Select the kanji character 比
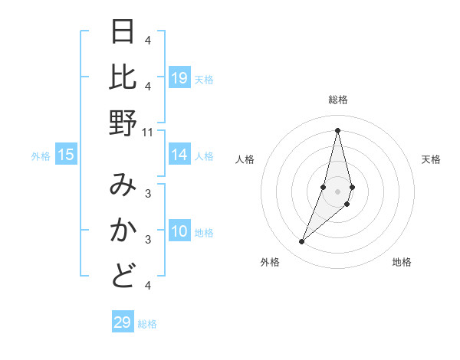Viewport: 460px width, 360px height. click(x=123, y=77)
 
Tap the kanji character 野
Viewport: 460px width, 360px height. click(x=123, y=123)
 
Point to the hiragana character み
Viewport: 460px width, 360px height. click(x=123, y=185)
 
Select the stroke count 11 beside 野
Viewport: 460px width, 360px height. click(x=148, y=132)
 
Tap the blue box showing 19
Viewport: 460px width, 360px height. click(x=179, y=78)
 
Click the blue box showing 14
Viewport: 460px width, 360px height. click(x=179, y=155)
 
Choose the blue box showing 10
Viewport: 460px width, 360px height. click(x=179, y=231)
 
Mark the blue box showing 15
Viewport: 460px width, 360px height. click(x=66, y=155)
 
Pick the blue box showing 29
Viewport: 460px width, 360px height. click(x=123, y=322)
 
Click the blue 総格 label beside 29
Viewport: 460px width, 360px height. click(x=147, y=324)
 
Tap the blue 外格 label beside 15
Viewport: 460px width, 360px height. click(x=41, y=156)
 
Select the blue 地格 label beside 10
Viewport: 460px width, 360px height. click(x=205, y=233)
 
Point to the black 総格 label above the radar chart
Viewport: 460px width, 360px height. click(x=338, y=100)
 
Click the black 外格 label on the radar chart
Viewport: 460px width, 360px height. click(x=270, y=263)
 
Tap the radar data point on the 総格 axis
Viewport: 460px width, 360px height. click(x=338, y=130)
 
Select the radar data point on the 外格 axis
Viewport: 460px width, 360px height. click(x=302, y=242)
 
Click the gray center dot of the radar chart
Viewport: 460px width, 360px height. click(x=338, y=191)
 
